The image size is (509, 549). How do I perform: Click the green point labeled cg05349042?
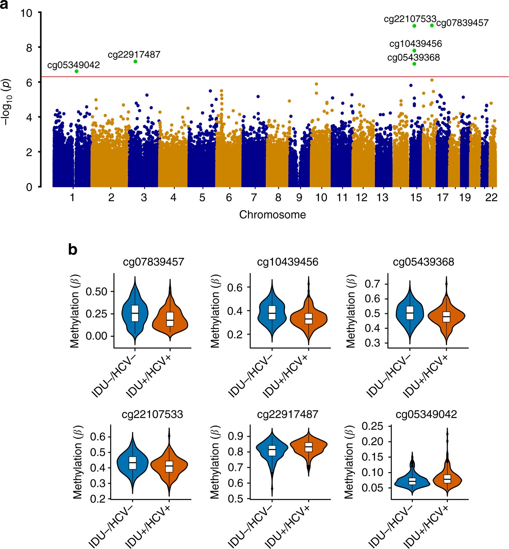coord(76,71)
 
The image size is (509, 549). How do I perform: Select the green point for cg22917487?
coord(135,61)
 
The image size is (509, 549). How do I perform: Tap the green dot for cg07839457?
coord(432,26)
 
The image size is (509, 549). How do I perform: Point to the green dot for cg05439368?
coord(414,64)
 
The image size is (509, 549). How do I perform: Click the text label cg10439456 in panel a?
coord(415,44)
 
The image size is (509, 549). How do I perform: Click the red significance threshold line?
coord(268,77)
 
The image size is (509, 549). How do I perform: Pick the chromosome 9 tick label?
coord(299,197)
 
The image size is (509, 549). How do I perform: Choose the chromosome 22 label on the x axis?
coord(491,197)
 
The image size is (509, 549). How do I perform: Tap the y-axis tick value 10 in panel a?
coord(26,13)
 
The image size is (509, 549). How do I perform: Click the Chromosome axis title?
coord(272,215)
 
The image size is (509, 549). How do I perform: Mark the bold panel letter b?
coord(72,249)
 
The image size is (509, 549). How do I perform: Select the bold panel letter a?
coord(4,5)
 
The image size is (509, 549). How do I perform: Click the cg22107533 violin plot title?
coord(152,414)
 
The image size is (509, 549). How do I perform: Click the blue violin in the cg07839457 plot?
coord(135,312)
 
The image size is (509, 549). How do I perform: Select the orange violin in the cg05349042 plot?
coord(447,478)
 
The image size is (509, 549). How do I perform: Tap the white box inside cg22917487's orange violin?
coord(308,447)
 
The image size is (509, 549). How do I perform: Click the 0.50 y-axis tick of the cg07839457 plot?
coord(96,292)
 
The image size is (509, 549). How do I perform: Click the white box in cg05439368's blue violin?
coord(410,313)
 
